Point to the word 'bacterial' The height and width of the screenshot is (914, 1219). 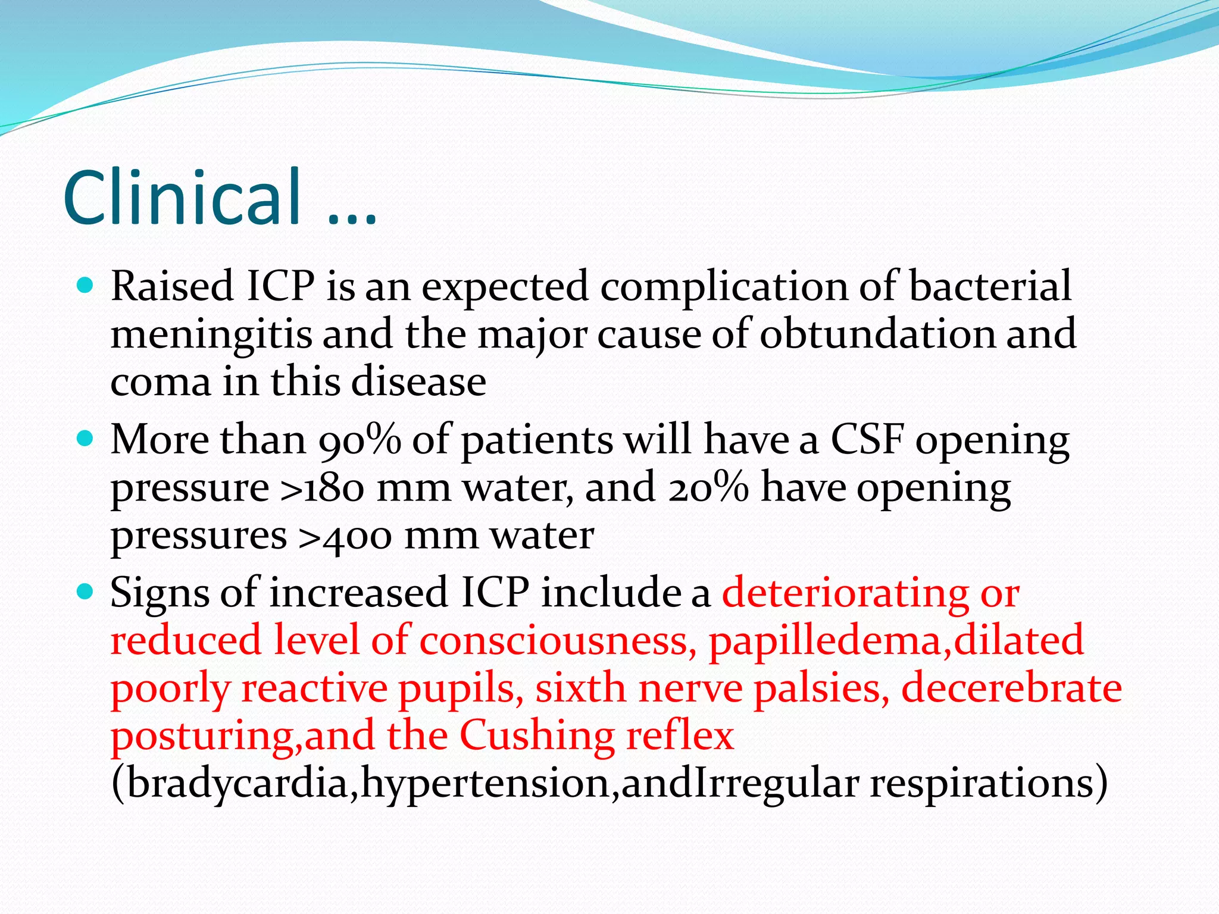[x=990, y=286]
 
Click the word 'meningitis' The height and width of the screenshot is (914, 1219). [x=211, y=334]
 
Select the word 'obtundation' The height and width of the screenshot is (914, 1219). [x=877, y=334]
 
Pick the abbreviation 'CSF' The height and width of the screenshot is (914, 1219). [x=867, y=440]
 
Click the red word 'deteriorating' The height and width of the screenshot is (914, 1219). [x=845, y=593]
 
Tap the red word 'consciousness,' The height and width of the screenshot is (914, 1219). [x=558, y=641]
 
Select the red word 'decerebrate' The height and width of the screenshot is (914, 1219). [x=1011, y=688]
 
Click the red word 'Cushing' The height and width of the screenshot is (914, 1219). [x=537, y=736]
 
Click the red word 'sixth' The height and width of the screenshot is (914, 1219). [x=580, y=688]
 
